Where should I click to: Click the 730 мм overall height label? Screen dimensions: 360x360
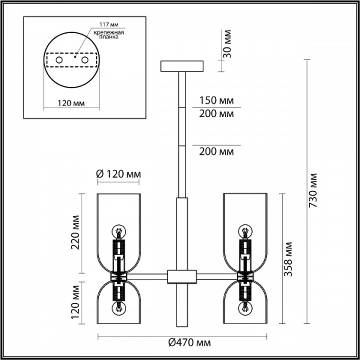(313, 190)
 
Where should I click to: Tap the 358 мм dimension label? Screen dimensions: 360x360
(287, 259)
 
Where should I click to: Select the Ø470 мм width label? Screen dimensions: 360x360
(190, 343)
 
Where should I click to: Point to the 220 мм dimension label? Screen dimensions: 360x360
(76, 232)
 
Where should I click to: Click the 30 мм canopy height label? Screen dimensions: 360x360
(227, 44)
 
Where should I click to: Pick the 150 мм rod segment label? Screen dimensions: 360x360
(216, 100)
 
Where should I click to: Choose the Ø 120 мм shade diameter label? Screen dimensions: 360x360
(118, 174)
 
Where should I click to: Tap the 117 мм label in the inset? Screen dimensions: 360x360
(109, 25)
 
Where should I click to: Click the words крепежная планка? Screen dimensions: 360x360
(109, 34)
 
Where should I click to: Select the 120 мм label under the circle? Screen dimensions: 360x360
(71, 103)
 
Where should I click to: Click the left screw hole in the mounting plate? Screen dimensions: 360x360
(59, 60)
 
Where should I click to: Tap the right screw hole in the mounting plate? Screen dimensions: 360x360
(85, 60)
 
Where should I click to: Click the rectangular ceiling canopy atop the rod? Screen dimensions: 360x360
(182, 66)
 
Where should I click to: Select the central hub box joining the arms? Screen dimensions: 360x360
(182, 277)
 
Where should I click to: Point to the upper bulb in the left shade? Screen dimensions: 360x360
(119, 231)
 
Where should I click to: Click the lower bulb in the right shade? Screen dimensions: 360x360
(245, 308)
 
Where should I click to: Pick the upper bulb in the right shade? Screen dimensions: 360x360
(245, 231)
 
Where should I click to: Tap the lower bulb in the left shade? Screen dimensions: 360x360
(119, 308)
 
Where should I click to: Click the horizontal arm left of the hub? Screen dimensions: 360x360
(147, 277)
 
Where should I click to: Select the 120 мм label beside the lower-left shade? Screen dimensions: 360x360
(76, 302)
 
